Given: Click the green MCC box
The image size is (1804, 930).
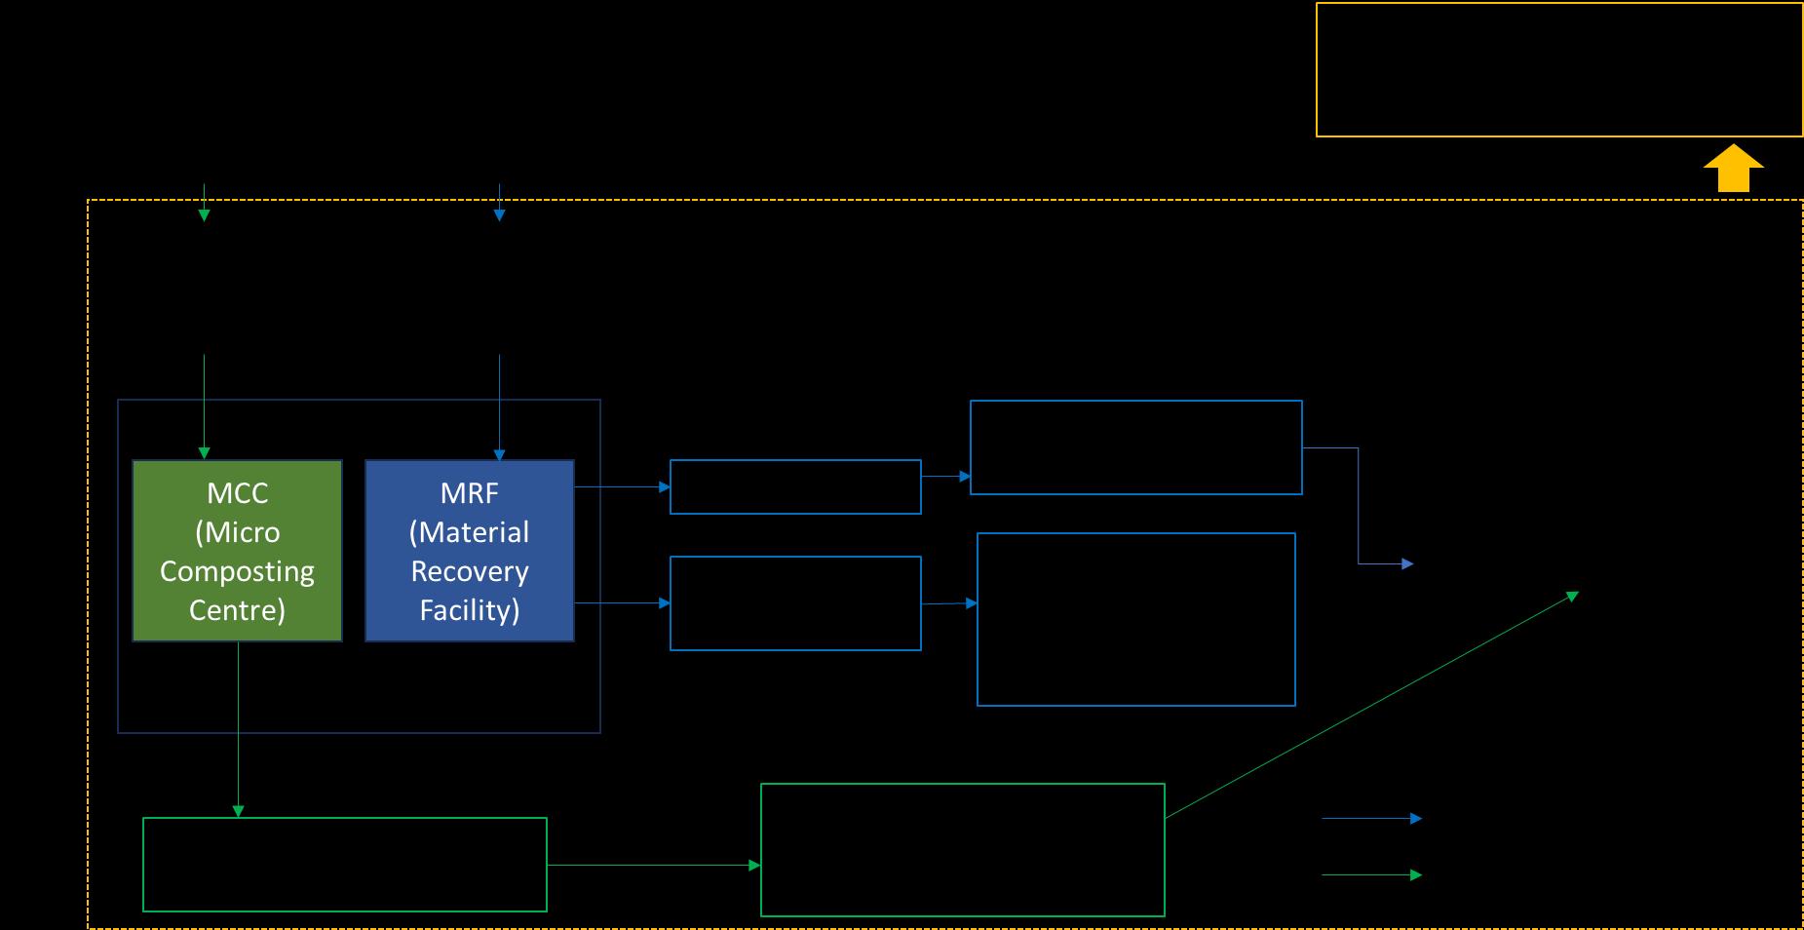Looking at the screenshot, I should pyautogui.click(x=237, y=551).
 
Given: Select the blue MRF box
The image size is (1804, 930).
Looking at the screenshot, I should pyautogui.click(x=470, y=551).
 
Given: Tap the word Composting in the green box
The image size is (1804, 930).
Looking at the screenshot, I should pyautogui.click(x=237, y=571).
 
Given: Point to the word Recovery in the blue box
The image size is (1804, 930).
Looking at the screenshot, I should pyautogui.click(x=470, y=571).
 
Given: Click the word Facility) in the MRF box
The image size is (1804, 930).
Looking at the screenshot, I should pyautogui.click(x=470, y=610).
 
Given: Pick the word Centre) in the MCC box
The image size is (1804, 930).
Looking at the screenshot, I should pyautogui.click(x=237, y=610).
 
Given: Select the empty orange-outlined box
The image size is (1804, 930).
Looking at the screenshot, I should pyautogui.click(x=1558, y=69).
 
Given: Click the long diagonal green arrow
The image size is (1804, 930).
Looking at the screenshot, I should pyautogui.click(x=1370, y=705).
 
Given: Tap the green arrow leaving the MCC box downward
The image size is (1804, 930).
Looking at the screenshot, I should pyautogui.click(x=238, y=726).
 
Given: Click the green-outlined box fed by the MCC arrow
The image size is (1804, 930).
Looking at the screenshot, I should pyautogui.click(x=344, y=865).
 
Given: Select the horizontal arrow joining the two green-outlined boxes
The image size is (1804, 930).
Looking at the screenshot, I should pyautogui.click(x=653, y=865).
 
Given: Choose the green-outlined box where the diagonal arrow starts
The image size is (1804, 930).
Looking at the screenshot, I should pyautogui.click(x=962, y=850).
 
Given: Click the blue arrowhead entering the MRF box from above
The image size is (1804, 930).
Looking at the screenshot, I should pyautogui.click(x=499, y=454).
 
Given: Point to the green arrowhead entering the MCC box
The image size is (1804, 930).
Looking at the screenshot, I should pyautogui.click(x=204, y=453).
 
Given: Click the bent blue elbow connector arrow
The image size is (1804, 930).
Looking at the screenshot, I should pyautogui.click(x=1358, y=507).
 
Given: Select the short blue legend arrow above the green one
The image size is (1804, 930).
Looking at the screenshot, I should pyautogui.click(x=1370, y=819).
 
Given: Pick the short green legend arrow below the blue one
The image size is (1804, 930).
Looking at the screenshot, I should pyautogui.click(x=1370, y=875).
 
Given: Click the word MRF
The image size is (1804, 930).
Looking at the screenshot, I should pyautogui.click(x=470, y=493).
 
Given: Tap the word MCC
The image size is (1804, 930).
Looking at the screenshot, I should pyautogui.click(x=237, y=493).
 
